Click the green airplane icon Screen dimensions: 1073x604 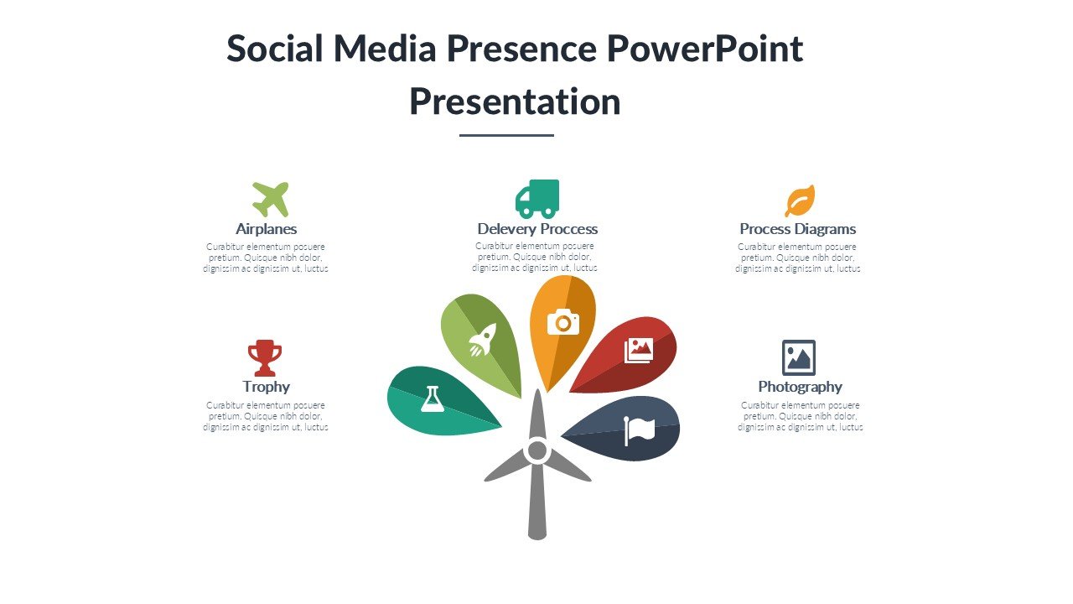point(271,200)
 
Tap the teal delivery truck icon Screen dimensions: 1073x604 point(537,199)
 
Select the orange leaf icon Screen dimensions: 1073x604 point(800,200)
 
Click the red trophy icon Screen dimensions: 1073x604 point(265,358)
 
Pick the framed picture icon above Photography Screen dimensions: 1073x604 point(799,357)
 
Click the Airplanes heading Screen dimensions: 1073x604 point(267,229)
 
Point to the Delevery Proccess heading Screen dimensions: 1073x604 point(537,229)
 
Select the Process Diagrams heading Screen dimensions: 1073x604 point(797,229)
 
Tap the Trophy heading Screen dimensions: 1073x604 point(267,387)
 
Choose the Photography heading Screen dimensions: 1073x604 point(800,387)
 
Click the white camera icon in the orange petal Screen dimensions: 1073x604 point(562,322)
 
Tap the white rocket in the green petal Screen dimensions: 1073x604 point(482,340)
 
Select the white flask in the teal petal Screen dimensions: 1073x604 point(433,398)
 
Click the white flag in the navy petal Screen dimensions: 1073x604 point(639,430)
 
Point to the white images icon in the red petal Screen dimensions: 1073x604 point(639,351)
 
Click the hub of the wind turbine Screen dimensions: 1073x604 point(537,450)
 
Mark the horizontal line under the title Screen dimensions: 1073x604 point(506,136)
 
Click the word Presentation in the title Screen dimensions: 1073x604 point(515,102)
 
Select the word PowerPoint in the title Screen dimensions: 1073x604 point(705,49)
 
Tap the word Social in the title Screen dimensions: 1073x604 point(274,49)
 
